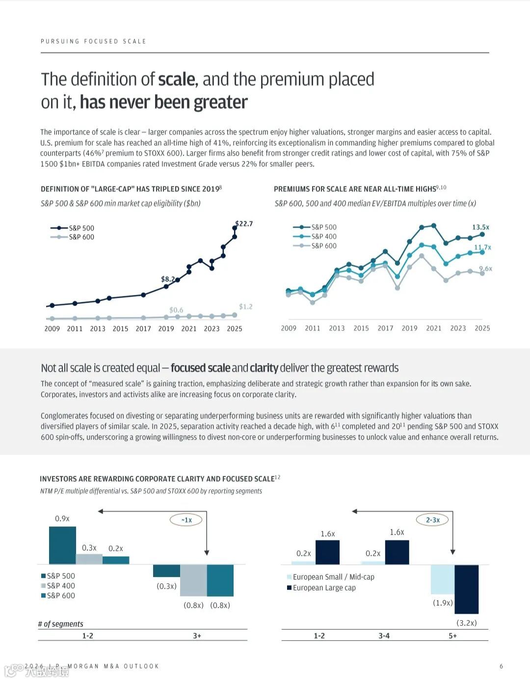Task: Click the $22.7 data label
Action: [244, 224]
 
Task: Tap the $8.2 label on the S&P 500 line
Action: [168, 279]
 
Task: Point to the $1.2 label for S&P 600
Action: [245, 307]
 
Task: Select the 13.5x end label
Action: [480, 227]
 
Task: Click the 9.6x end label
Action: [485, 268]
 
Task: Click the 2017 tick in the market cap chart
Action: [143, 329]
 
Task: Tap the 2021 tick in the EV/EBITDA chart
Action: [434, 328]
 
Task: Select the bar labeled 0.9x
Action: [62, 545]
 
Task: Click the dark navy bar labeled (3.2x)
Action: [466, 589]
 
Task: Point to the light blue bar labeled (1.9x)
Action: [443, 579]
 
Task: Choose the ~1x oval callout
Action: [186, 520]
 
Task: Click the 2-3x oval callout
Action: [432, 520]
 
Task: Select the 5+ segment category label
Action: [452, 636]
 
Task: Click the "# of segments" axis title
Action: [61, 624]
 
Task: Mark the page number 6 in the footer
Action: [501, 666]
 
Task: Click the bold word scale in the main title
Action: [177, 79]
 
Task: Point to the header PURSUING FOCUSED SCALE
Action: [93, 41]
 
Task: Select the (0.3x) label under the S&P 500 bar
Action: [166, 586]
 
